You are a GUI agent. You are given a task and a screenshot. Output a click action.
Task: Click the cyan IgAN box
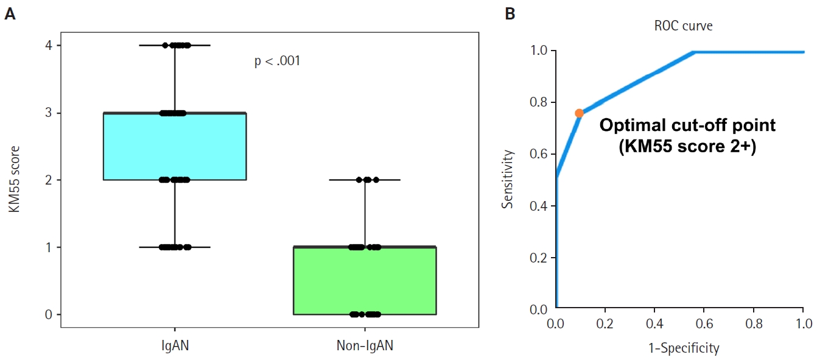click(175, 146)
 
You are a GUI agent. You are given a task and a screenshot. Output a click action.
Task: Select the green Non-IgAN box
click(365, 280)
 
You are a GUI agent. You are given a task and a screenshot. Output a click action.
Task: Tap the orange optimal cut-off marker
click(579, 113)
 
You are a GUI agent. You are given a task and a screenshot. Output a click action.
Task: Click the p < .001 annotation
click(277, 62)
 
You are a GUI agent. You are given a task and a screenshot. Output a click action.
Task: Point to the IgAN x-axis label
click(175, 346)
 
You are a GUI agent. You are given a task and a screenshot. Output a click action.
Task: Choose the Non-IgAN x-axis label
click(365, 346)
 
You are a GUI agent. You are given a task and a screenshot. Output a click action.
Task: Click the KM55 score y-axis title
click(13, 179)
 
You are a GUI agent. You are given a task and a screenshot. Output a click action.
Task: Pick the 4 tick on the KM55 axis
click(49, 46)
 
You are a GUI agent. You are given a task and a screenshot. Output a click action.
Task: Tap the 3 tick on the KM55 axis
click(49, 113)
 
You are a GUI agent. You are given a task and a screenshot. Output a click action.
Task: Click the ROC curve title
click(683, 26)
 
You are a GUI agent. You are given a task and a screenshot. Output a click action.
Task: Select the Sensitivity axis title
click(508, 180)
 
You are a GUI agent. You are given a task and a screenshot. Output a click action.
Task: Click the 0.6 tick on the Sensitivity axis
click(539, 154)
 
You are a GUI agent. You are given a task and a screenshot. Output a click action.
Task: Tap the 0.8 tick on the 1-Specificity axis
click(754, 321)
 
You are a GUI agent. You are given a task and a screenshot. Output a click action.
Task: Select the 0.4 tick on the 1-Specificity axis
click(655, 321)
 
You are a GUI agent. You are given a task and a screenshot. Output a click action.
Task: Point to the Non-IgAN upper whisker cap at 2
click(365, 180)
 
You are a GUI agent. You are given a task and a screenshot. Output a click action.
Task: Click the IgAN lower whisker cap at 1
click(175, 247)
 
